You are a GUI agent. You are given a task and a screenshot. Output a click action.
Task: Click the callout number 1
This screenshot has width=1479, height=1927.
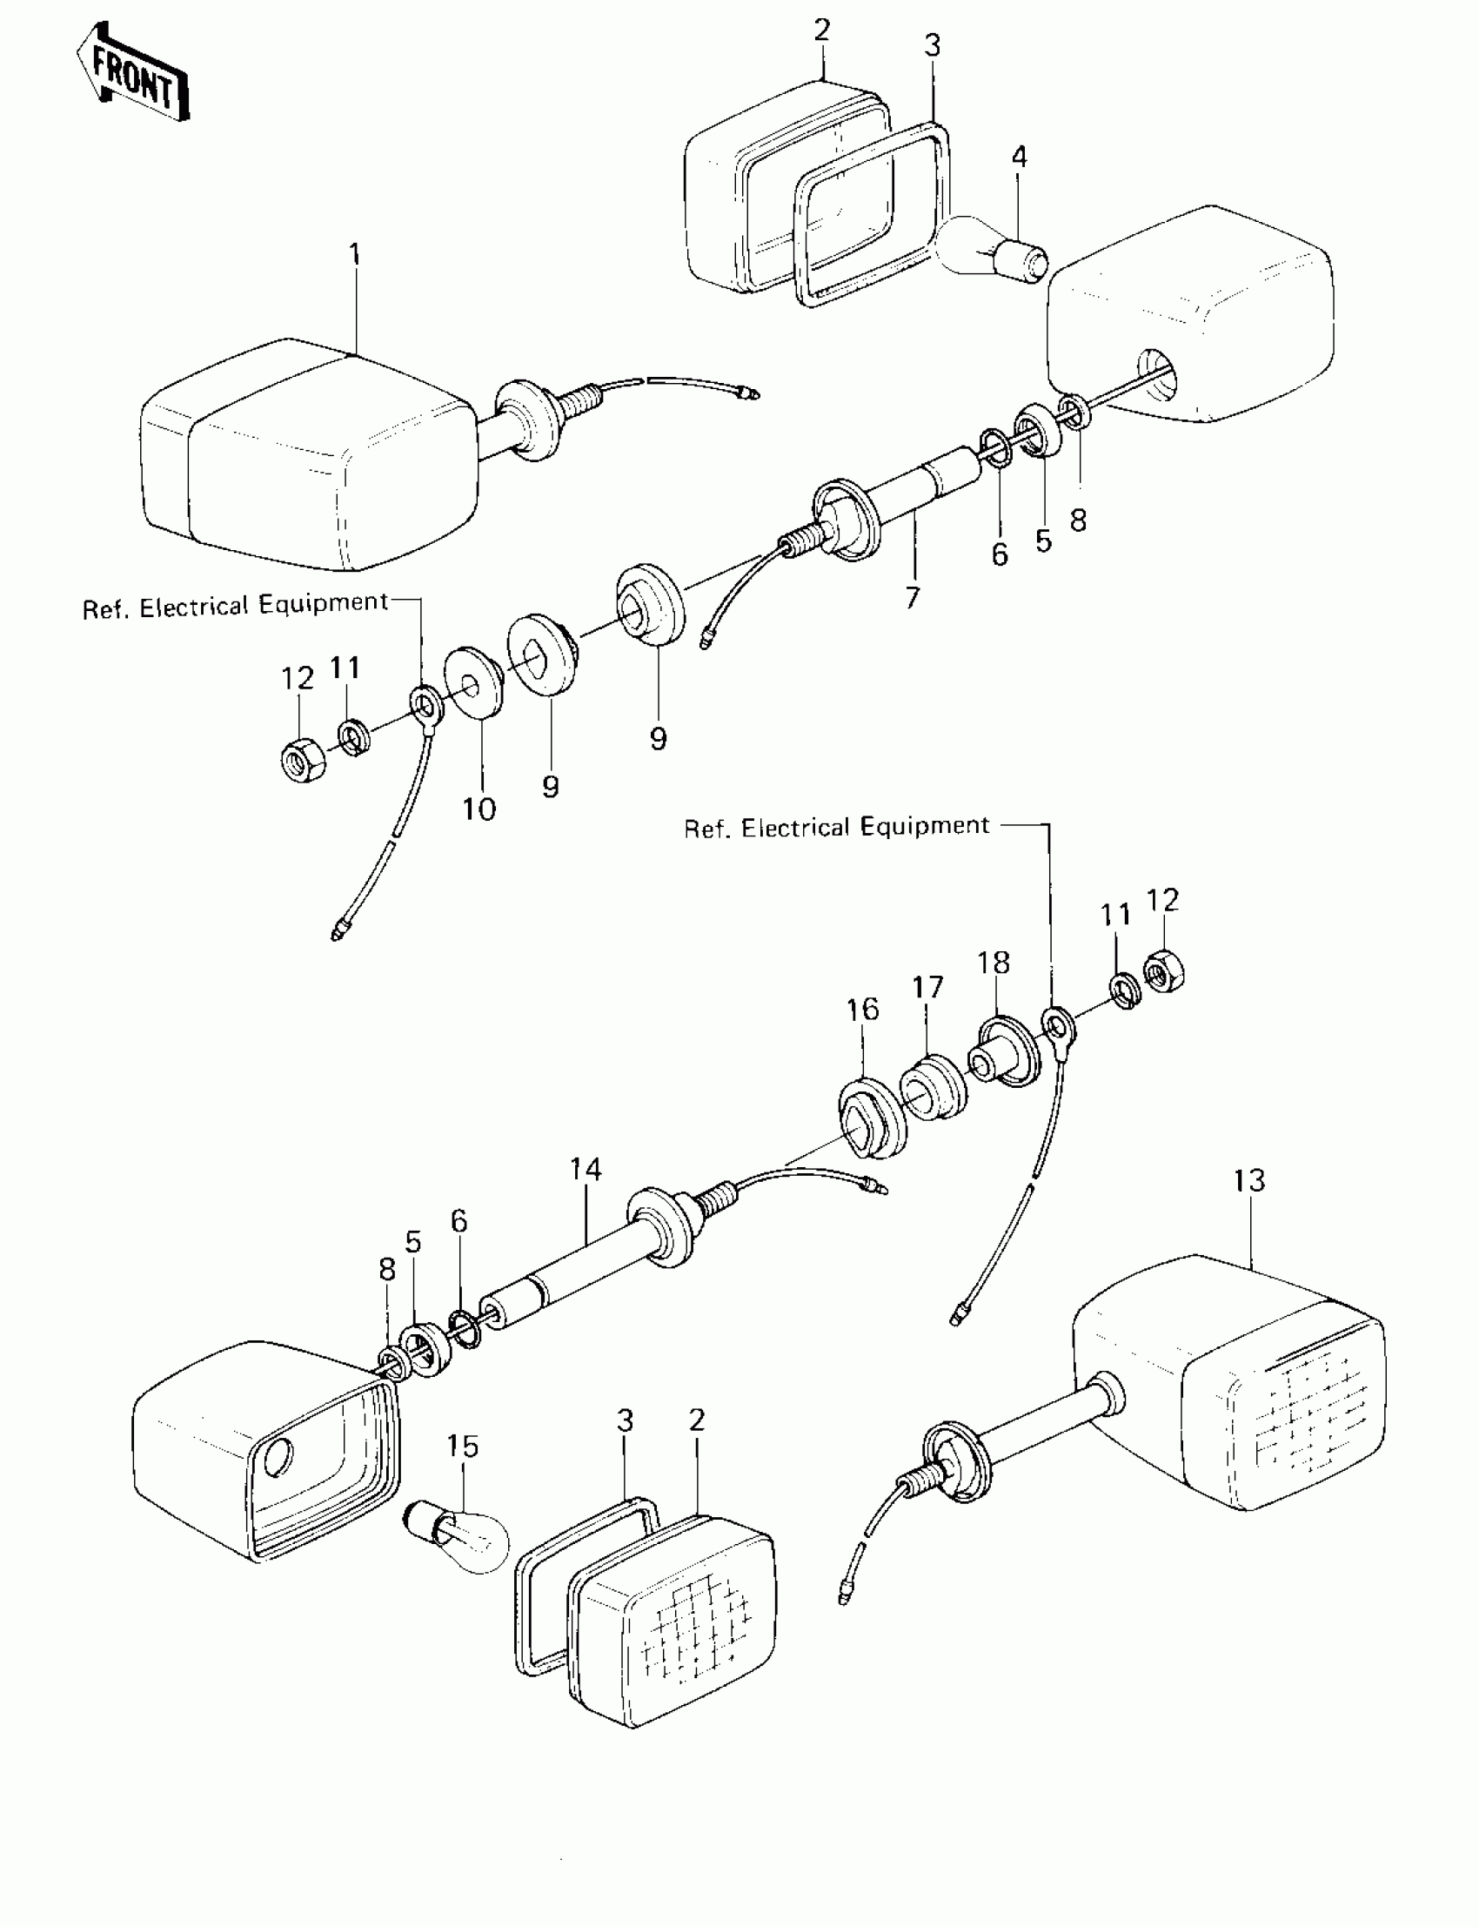[354, 255]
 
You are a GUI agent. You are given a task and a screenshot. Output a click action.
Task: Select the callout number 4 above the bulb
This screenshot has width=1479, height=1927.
[1019, 158]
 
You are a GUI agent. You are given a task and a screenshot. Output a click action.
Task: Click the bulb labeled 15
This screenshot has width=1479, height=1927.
[455, 1541]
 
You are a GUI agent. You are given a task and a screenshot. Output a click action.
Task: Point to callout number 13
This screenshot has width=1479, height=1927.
[1249, 1180]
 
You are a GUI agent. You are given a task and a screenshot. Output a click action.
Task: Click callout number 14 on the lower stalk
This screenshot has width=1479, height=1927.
[586, 1170]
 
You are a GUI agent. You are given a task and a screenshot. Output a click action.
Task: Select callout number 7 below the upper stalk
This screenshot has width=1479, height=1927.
[913, 598]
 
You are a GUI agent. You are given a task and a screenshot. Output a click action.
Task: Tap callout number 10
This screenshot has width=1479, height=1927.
[478, 809]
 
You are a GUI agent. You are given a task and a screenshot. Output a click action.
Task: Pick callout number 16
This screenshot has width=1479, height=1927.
[863, 1010]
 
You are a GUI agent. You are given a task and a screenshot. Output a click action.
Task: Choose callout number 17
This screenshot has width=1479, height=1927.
[928, 987]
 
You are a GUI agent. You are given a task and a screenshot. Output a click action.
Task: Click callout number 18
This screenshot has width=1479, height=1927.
[994, 963]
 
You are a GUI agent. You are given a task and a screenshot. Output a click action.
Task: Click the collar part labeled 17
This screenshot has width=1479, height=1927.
[934, 1088]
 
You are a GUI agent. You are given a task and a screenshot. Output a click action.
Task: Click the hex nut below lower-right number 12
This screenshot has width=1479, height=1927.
[1164, 972]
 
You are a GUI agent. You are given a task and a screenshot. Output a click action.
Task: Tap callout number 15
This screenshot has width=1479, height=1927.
[462, 1447]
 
